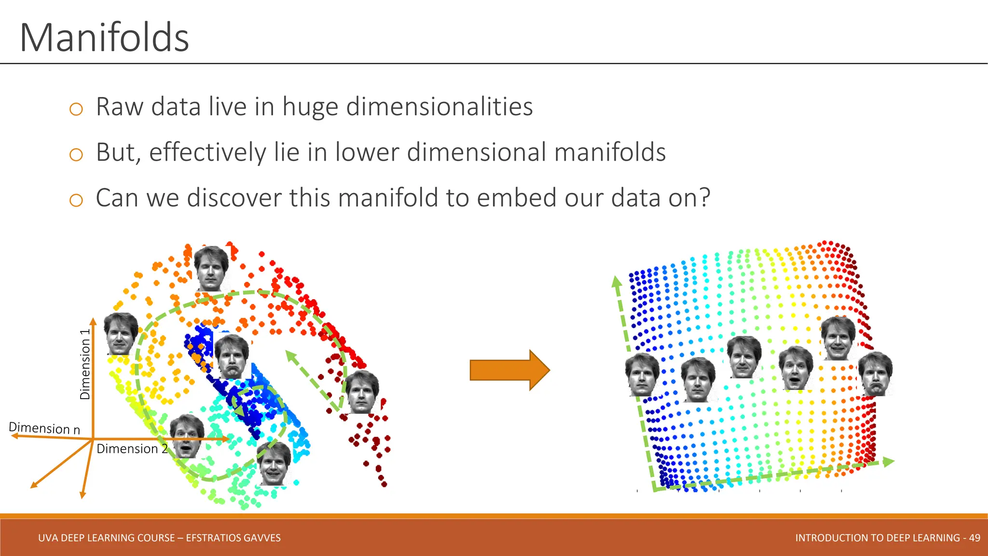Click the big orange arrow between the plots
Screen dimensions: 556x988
coord(509,370)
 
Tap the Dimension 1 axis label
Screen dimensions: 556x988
coord(85,364)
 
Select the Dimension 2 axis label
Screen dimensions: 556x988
coord(132,449)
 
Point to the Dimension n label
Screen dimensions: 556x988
coord(44,428)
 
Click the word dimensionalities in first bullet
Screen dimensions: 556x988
coord(439,107)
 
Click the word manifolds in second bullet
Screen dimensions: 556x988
coord(610,153)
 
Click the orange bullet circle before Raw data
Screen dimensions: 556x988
coord(76,109)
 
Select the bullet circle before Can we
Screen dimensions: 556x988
coord(76,200)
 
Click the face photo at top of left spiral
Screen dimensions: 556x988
coord(211,268)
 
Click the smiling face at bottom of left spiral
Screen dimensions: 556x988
coord(274,463)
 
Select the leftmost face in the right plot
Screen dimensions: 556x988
coord(642,375)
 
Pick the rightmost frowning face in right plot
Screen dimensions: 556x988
coord(875,374)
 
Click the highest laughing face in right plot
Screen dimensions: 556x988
coord(838,338)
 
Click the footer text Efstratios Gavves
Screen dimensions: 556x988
coord(233,538)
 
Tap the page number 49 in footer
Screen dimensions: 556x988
coord(974,538)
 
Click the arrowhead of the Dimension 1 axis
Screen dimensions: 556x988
coord(93,321)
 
